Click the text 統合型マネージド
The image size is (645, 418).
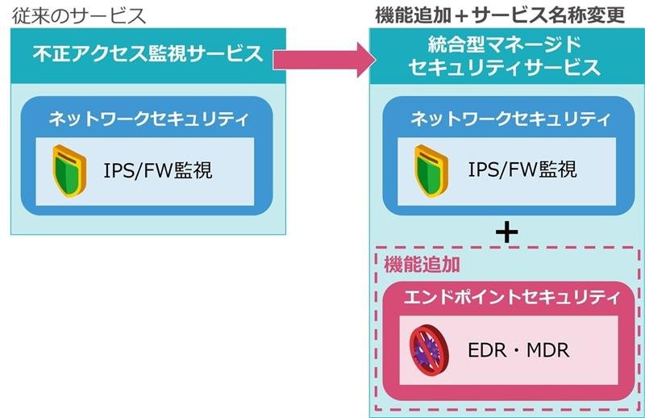point(506,44)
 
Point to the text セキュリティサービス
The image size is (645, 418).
point(505,69)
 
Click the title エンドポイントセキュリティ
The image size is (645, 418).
point(507,297)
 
